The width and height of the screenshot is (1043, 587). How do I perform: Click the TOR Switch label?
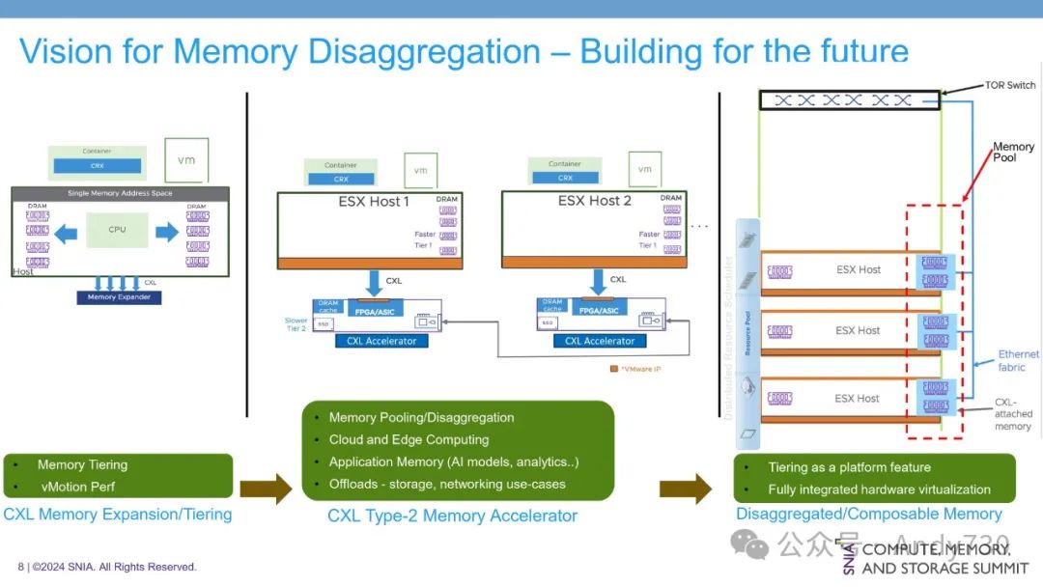click(1009, 85)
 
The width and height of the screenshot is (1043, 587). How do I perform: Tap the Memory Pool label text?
click(1013, 152)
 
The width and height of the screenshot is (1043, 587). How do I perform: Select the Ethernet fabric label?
click(1018, 360)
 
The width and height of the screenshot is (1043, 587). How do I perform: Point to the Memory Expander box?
click(120, 297)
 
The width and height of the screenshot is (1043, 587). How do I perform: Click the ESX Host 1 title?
click(374, 202)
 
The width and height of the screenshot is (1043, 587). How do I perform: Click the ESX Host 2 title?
click(594, 201)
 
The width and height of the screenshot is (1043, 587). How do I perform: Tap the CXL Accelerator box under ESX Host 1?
click(382, 341)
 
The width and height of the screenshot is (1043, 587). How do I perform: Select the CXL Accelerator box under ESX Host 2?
click(600, 341)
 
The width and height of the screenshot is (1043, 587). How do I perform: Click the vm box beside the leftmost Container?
click(185, 159)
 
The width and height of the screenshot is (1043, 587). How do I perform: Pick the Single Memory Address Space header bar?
click(120, 193)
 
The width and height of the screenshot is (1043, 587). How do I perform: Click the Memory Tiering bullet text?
click(82, 464)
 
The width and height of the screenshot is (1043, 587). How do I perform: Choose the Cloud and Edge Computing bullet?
click(409, 439)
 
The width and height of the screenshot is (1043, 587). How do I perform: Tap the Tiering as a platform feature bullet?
click(849, 467)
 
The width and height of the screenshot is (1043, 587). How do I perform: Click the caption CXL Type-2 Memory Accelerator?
click(452, 516)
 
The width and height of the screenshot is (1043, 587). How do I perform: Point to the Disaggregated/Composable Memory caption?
click(868, 514)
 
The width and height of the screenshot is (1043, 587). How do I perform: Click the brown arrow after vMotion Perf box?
click(266, 489)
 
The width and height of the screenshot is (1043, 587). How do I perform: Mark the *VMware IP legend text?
click(643, 369)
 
